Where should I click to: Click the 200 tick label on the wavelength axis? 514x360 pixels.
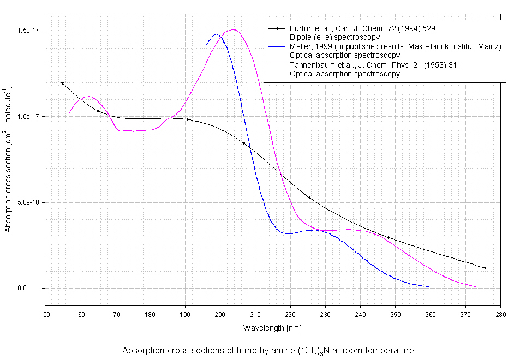pos(220,315)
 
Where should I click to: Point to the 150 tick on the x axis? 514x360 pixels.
pos(45,315)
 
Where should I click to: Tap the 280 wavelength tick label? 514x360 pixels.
pos(500,315)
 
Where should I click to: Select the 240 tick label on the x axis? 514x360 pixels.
pos(360,315)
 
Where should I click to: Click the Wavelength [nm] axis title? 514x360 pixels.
pos(272,328)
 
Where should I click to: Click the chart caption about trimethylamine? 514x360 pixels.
pos(268,350)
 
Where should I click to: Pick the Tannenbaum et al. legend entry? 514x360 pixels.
pos(375,65)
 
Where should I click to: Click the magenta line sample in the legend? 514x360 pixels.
pos(277,65)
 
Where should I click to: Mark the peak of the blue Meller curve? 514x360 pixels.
pos(217,35)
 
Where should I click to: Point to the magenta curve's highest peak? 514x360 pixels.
pos(234,30)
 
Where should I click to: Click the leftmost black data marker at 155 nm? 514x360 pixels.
pos(62,83)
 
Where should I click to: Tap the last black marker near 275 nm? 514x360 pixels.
pos(485,268)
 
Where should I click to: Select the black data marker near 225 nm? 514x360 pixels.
pos(309,197)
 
